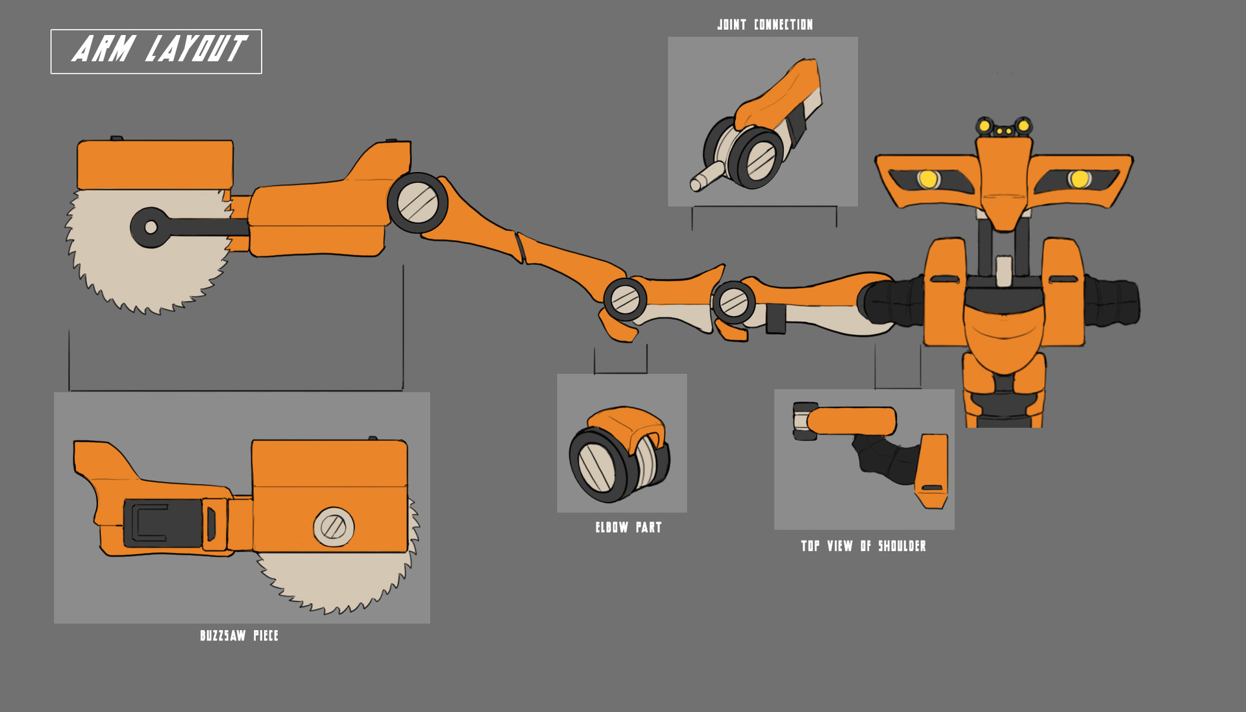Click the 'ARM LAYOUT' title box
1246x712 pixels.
click(x=156, y=51)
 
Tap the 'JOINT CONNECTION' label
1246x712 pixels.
click(x=764, y=25)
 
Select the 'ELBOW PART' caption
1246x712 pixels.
click(x=628, y=527)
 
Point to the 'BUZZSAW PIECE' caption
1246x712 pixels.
click(x=239, y=635)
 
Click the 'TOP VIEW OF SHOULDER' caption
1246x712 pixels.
click(x=863, y=546)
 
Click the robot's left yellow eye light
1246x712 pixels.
click(x=928, y=178)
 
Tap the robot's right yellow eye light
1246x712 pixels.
click(x=1080, y=178)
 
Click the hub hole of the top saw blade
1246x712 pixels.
click(x=151, y=227)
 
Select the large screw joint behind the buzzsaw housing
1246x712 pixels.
click(x=418, y=203)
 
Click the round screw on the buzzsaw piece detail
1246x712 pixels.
click(x=334, y=526)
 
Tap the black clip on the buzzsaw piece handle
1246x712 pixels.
click(x=162, y=523)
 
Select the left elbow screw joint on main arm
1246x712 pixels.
click(x=625, y=299)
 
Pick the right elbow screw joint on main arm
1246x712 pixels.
click(x=733, y=302)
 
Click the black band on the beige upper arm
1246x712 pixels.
click(x=776, y=318)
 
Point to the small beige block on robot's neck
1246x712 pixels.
click(x=1004, y=270)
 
